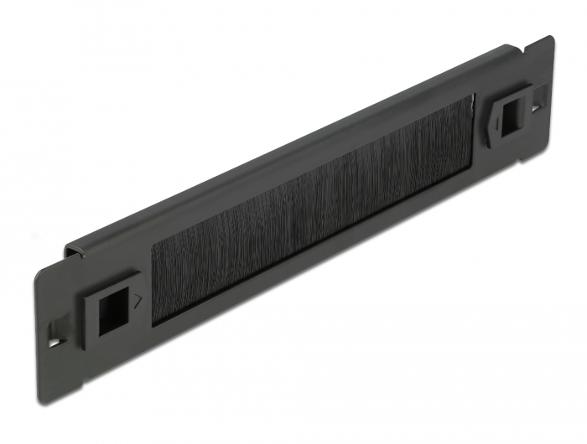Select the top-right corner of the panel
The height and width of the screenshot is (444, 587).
tap(550, 38)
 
